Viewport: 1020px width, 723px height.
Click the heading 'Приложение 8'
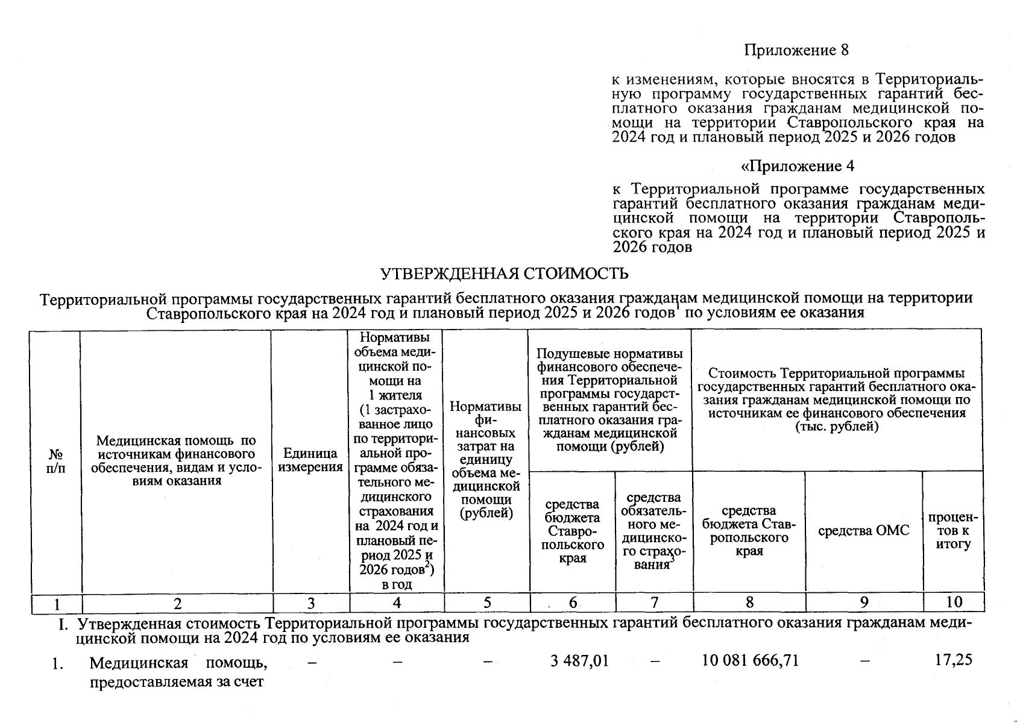[796, 51]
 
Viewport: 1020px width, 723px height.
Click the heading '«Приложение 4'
[797, 166]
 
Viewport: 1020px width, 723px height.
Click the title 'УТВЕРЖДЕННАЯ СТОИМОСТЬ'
[504, 274]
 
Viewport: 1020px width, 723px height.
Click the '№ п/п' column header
[56, 460]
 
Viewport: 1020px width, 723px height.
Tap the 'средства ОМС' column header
[863, 531]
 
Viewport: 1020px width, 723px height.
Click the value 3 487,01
[579, 661]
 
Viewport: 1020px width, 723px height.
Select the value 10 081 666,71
[751, 661]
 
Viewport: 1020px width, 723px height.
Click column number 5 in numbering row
[486, 602]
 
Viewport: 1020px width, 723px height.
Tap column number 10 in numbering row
[954, 602]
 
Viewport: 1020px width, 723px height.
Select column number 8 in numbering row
[749, 602]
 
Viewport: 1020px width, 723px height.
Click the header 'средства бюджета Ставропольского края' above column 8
[749, 531]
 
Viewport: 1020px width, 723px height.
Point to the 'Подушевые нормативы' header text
[609, 354]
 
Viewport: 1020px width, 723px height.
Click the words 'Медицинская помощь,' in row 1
[178, 663]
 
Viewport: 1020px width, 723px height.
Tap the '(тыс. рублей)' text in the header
[837, 427]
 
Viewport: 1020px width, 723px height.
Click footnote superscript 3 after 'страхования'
[672, 561]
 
